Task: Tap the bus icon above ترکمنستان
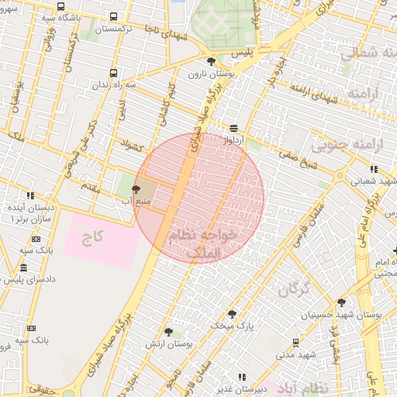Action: (115, 16)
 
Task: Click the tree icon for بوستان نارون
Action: (211, 61)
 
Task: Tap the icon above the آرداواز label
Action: (234, 129)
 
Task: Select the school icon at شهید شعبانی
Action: (373, 168)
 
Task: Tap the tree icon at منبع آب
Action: (136, 188)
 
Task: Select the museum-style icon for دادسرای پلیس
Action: (23, 268)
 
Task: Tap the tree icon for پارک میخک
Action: (232, 313)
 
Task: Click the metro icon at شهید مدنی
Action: (295, 342)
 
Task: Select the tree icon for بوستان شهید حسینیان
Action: (341, 302)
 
